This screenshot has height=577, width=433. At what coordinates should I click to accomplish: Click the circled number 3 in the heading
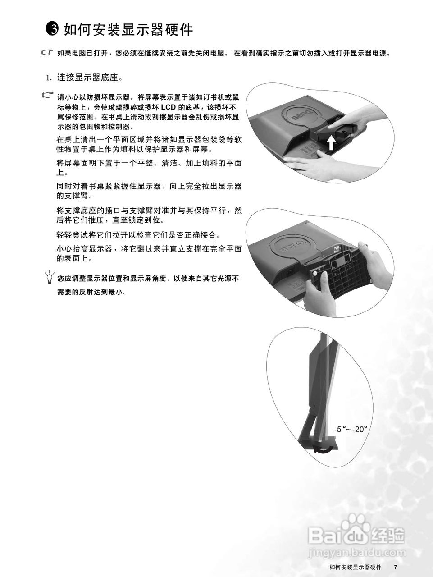point(53,30)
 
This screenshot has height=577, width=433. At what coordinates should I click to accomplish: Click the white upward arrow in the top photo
point(331,143)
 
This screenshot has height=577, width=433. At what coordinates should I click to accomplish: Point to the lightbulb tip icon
point(49,278)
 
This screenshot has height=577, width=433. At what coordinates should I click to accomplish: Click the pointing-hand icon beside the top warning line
point(47,53)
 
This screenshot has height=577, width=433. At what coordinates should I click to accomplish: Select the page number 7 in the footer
point(395,567)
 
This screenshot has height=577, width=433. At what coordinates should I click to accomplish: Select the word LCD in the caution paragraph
point(168,107)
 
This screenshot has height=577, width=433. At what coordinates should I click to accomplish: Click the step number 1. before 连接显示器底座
point(50,78)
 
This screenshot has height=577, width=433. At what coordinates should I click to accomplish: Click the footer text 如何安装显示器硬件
point(355,567)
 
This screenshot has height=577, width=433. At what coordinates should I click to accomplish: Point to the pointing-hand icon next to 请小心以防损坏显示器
point(47,96)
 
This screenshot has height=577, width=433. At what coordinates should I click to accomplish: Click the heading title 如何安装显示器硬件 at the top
point(128,30)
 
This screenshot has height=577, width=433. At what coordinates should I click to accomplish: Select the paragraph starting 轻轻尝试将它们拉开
point(138,235)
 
